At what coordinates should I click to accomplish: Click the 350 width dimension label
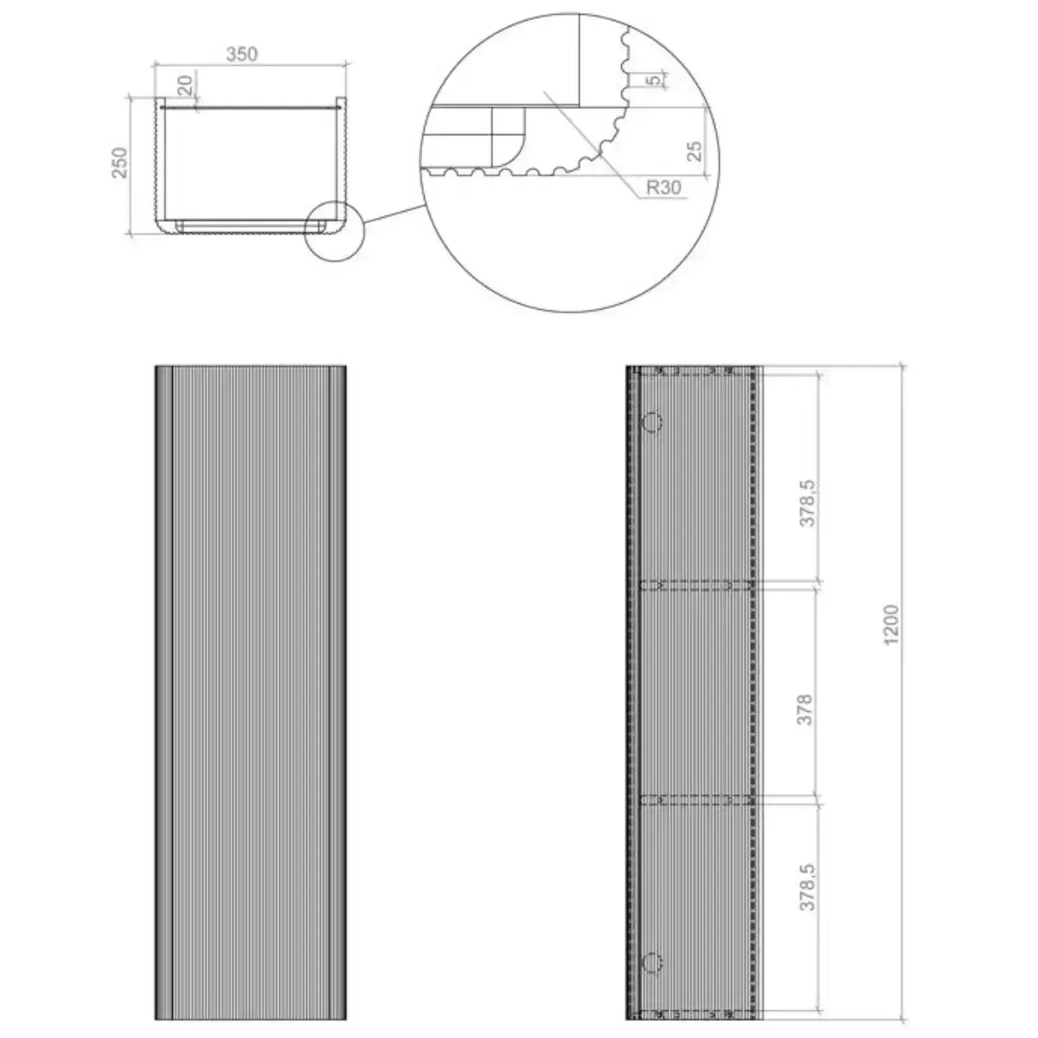click(x=241, y=54)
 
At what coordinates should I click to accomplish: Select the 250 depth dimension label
click(x=119, y=163)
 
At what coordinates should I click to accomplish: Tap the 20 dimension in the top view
click(x=185, y=85)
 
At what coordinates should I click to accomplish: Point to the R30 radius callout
click(x=663, y=188)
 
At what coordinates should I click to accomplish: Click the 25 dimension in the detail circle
click(x=695, y=151)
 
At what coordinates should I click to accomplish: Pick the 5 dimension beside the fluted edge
click(x=653, y=80)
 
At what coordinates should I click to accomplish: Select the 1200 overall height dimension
click(x=892, y=625)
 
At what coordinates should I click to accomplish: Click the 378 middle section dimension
click(x=804, y=710)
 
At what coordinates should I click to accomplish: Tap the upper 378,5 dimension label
click(x=807, y=503)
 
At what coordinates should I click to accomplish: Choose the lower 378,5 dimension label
click(x=807, y=887)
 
